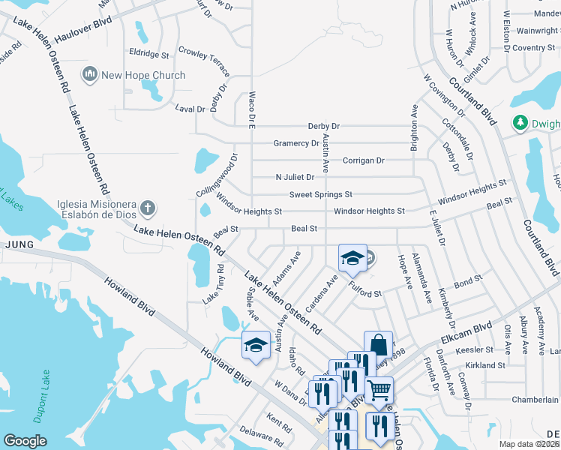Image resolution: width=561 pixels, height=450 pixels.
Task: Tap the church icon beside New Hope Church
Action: click(91, 74)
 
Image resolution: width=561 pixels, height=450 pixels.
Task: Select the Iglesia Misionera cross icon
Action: click(148, 207)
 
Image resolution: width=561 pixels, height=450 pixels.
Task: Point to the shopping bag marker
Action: click(379, 346)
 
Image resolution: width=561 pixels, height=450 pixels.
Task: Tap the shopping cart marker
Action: click(379, 389)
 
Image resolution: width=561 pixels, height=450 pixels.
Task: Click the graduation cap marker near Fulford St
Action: click(352, 259)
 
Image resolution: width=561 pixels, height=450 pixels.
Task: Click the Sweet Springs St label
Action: click(321, 194)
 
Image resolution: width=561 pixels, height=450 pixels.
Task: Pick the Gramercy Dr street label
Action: click(296, 143)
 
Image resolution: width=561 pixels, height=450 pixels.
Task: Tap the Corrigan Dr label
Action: click(363, 160)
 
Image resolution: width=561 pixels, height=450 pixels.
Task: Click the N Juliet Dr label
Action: click(295, 178)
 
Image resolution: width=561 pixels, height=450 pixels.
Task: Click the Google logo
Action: click(25, 440)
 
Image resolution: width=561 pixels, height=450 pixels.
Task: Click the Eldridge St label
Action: click(149, 54)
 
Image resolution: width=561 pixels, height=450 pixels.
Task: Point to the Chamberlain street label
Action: click(535, 400)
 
